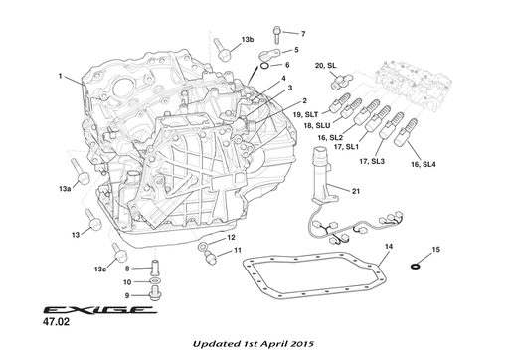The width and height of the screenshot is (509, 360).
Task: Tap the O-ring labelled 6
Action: tap(264, 67)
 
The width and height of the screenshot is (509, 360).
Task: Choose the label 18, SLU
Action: tap(316, 126)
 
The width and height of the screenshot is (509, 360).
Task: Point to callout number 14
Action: tap(389, 245)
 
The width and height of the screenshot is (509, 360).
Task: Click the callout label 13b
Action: tap(248, 40)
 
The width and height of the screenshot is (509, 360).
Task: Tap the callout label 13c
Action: tap(100, 269)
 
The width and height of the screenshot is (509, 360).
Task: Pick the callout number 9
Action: tap(126, 294)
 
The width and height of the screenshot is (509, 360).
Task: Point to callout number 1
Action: tap(60, 76)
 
